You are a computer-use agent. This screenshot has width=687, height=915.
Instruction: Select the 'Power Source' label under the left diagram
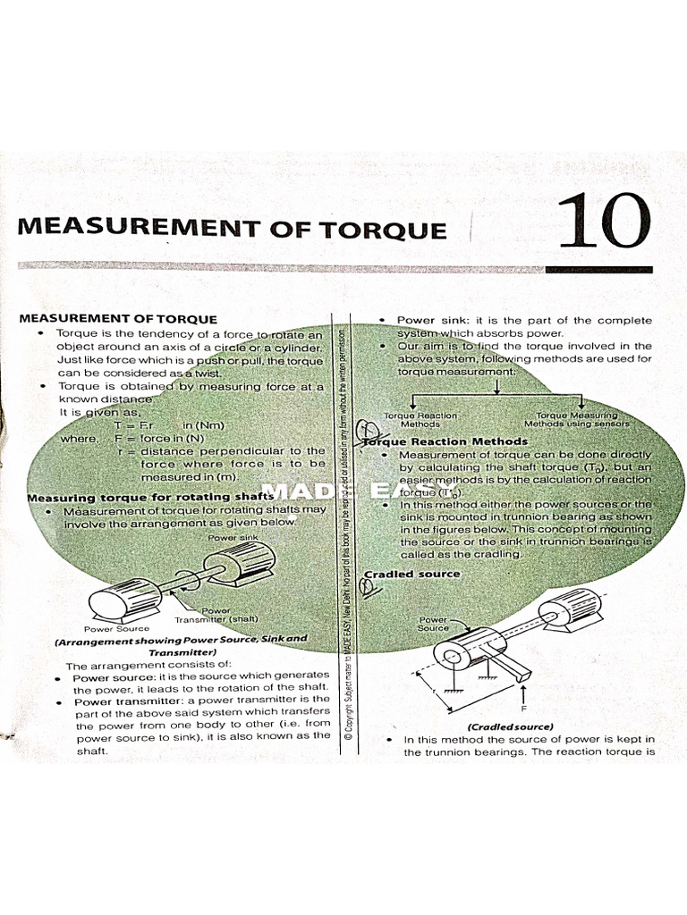[116, 628]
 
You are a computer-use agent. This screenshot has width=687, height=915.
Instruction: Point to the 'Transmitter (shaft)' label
[216, 617]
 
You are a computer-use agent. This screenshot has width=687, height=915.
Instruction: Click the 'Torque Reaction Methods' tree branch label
[420, 420]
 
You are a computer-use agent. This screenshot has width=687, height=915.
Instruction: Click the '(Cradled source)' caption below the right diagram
[510, 726]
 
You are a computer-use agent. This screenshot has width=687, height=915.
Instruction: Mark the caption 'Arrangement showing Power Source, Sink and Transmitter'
[180, 645]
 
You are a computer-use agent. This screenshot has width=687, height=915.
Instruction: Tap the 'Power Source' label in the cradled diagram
[432, 623]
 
